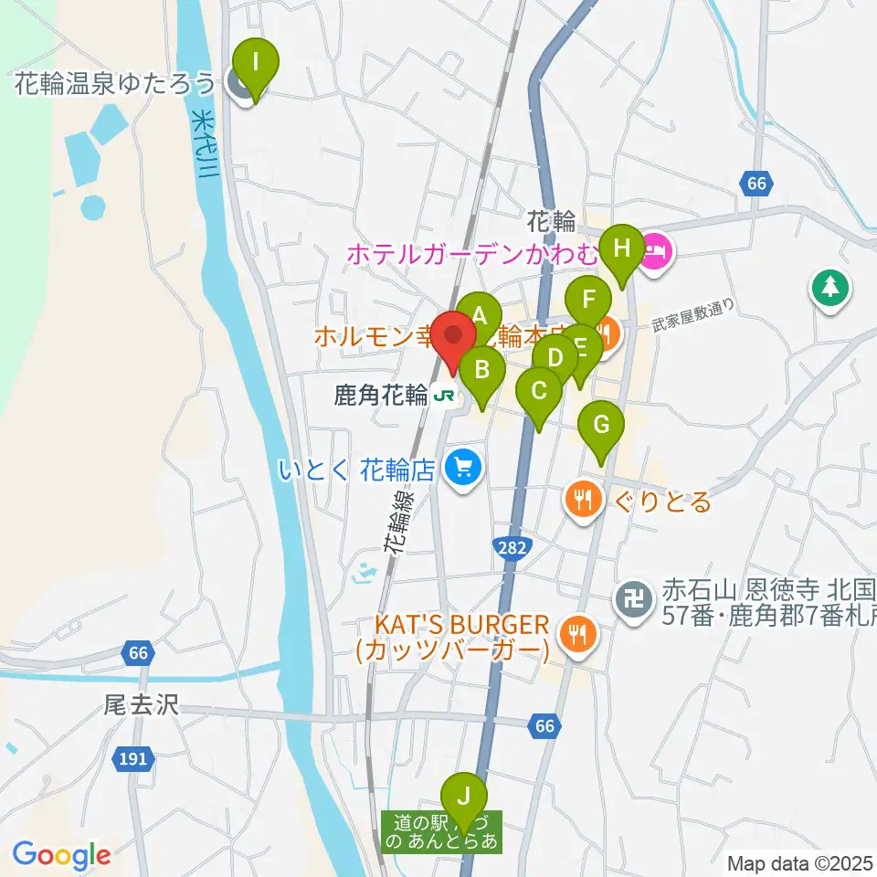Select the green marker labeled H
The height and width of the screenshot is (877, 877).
[x=622, y=248]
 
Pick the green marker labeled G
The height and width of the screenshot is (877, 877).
[x=601, y=425]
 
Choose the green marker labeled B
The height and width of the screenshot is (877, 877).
[x=482, y=371]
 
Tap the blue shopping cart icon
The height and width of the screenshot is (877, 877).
[x=463, y=470]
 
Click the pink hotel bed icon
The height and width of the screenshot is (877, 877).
[x=657, y=248]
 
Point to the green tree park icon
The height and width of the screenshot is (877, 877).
[x=829, y=289]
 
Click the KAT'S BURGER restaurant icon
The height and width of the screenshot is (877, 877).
[x=577, y=632]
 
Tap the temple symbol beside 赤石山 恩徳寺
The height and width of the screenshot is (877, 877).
[x=632, y=599]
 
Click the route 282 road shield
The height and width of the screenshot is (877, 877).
[x=512, y=546]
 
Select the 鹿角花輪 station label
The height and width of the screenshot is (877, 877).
[x=381, y=396]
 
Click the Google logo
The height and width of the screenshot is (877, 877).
[x=62, y=856]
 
